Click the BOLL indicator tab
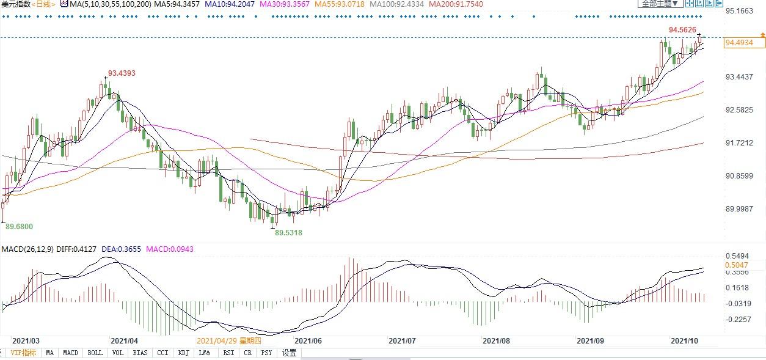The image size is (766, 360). click(x=95, y=353)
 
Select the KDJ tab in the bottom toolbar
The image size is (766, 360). click(x=183, y=353)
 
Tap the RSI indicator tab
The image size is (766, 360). click(x=228, y=353)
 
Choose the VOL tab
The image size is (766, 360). click(x=118, y=353)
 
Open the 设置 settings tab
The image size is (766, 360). click(x=289, y=353)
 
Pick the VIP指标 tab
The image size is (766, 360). click(x=23, y=353)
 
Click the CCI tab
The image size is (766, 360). click(x=162, y=353)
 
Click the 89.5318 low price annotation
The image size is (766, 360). click(x=288, y=233)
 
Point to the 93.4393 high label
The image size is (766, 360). click(x=122, y=73)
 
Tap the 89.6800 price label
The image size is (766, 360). click(x=20, y=227)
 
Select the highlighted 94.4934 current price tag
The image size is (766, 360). click(x=743, y=42)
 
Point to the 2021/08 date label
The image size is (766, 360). click(x=495, y=340)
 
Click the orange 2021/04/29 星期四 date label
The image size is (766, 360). click(x=228, y=340)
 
